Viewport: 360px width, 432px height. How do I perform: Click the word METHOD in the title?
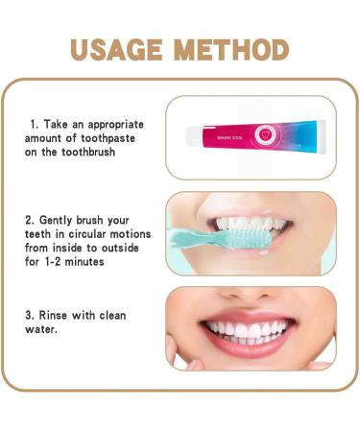click(232, 50)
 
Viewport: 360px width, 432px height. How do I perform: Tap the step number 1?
click(34, 125)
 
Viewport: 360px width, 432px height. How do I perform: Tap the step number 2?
click(30, 220)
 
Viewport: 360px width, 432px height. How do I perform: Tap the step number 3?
click(30, 316)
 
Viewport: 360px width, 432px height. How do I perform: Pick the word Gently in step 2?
click(62, 220)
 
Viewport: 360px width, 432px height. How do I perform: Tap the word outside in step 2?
click(125, 249)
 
